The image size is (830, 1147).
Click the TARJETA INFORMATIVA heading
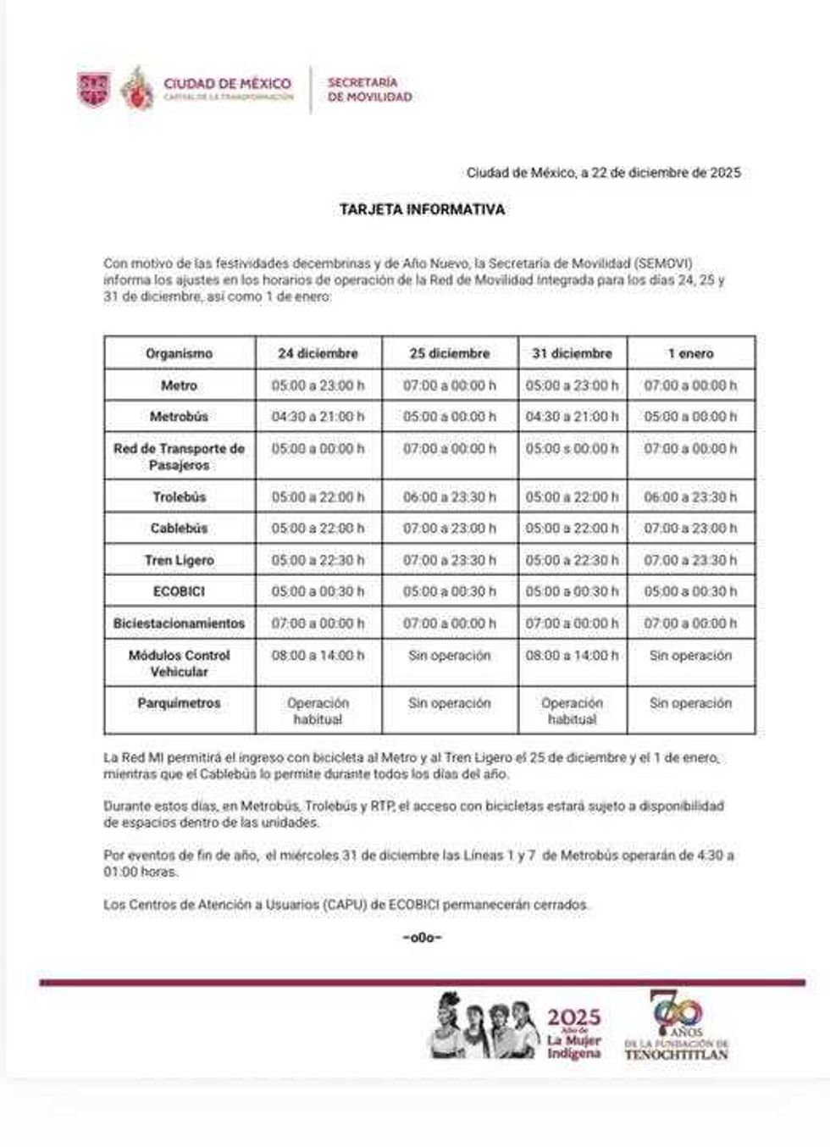point(422,209)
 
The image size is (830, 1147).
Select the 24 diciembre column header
point(318,353)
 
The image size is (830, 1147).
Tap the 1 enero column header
point(690,353)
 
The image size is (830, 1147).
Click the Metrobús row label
point(179,417)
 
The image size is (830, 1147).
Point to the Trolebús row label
point(179,497)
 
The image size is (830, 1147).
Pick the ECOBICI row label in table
point(179,591)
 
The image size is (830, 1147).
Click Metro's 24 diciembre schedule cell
point(318,385)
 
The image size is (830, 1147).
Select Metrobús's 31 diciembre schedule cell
point(572,417)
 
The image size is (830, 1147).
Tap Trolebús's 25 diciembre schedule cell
point(449,497)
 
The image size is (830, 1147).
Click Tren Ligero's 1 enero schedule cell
point(690,560)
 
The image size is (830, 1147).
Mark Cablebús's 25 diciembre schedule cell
point(449,529)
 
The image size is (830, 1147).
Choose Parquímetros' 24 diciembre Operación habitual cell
point(318,711)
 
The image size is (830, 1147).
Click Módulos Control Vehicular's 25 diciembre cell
point(449,656)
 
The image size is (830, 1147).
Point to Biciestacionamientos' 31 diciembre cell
point(572,623)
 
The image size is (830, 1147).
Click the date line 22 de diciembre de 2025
point(603,173)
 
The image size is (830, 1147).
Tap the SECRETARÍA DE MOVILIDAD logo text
point(369,90)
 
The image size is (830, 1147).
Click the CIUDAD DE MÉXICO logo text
point(227,85)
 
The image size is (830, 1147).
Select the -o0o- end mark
point(422,937)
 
